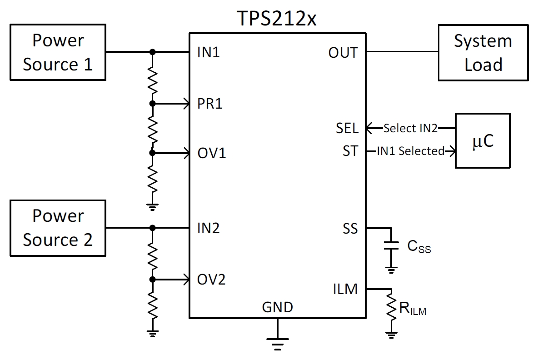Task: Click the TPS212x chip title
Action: (277, 19)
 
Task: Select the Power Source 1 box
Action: (58, 52)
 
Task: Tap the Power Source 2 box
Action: (58, 228)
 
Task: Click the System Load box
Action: (483, 53)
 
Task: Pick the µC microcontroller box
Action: (483, 141)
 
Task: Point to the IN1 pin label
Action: (209, 53)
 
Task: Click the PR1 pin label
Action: (210, 104)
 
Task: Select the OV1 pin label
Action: (211, 154)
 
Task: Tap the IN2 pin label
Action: (209, 228)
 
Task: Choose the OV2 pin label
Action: (211, 279)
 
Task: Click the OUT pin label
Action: (343, 53)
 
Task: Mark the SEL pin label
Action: (348, 128)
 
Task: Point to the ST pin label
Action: (350, 151)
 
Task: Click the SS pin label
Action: (350, 228)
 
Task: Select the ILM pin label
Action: (345, 289)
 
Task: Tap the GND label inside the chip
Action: (277, 307)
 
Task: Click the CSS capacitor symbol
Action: (390, 245)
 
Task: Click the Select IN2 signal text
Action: (410, 129)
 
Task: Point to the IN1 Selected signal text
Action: (411, 151)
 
